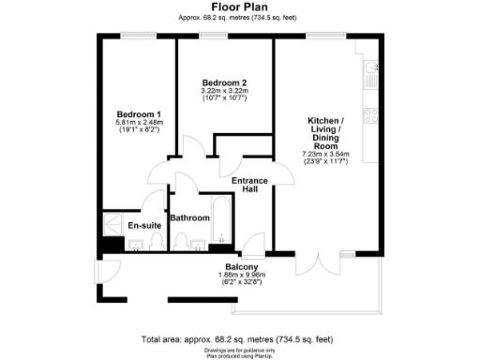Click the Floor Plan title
[239, 7]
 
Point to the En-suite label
[142, 226]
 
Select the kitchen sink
[371, 67]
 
